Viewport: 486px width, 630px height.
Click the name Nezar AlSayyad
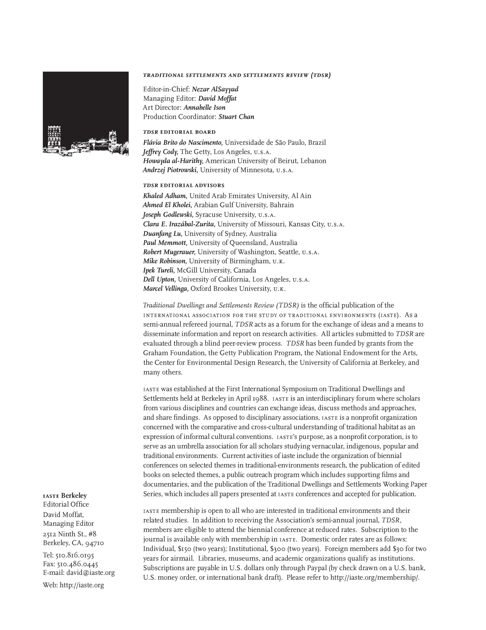[215, 89]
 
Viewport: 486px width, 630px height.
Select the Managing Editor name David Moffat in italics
[217, 98]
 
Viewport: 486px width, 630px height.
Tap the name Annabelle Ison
[204, 108]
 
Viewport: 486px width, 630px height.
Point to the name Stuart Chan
[236, 117]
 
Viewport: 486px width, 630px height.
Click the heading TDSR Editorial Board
[179, 132]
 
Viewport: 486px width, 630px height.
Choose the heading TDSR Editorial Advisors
[184, 185]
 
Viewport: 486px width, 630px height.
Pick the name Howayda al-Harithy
[173, 161]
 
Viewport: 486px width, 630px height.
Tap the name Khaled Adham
[165, 196]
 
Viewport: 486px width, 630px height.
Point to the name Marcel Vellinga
[166, 288]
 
